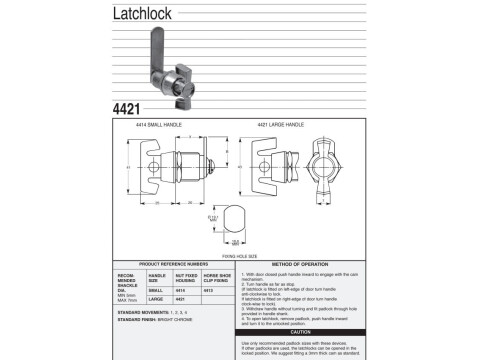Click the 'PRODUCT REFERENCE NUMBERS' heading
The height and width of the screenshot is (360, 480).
[x=171, y=263]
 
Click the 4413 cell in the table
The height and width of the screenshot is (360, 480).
[x=209, y=289]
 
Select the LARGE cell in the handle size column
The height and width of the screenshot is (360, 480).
[x=157, y=298]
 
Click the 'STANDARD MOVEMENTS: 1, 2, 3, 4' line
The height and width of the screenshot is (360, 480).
[x=152, y=312]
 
